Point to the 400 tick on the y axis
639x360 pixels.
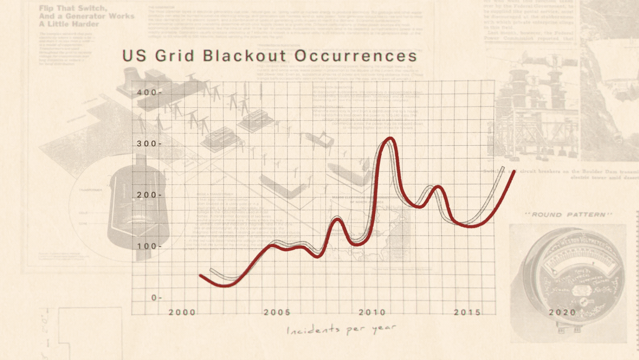tap(146, 93)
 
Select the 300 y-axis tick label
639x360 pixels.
tap(146, 144)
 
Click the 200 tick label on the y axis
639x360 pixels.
tap(146, 195)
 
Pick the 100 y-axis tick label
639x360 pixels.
tap(146, 246)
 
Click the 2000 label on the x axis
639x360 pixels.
tap(182, 313)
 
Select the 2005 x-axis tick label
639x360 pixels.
tap(277, 313)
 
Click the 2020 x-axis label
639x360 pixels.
tap(562, 313)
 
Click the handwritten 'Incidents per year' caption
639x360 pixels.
tap(341, 330)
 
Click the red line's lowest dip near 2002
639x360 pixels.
tap(227, 285)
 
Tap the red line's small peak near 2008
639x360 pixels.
tap(337, 219)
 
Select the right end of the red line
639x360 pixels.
tap(513, 172)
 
